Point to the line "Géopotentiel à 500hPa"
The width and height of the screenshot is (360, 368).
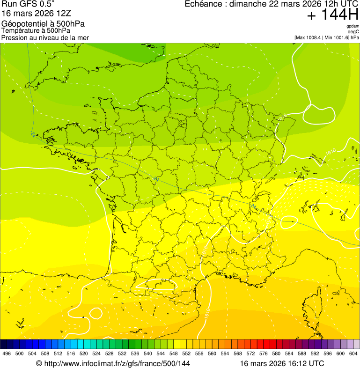point(43,24)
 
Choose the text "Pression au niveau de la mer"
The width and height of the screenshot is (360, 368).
point(45,37)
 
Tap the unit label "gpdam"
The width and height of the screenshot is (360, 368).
point(352,26)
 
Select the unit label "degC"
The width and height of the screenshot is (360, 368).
point(353,31)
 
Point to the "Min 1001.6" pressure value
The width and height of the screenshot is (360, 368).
point(336,37)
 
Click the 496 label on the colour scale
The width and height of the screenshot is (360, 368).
point(7,353)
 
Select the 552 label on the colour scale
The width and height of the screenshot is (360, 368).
point(186,353)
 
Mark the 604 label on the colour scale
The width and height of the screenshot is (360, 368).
point(353,353)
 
